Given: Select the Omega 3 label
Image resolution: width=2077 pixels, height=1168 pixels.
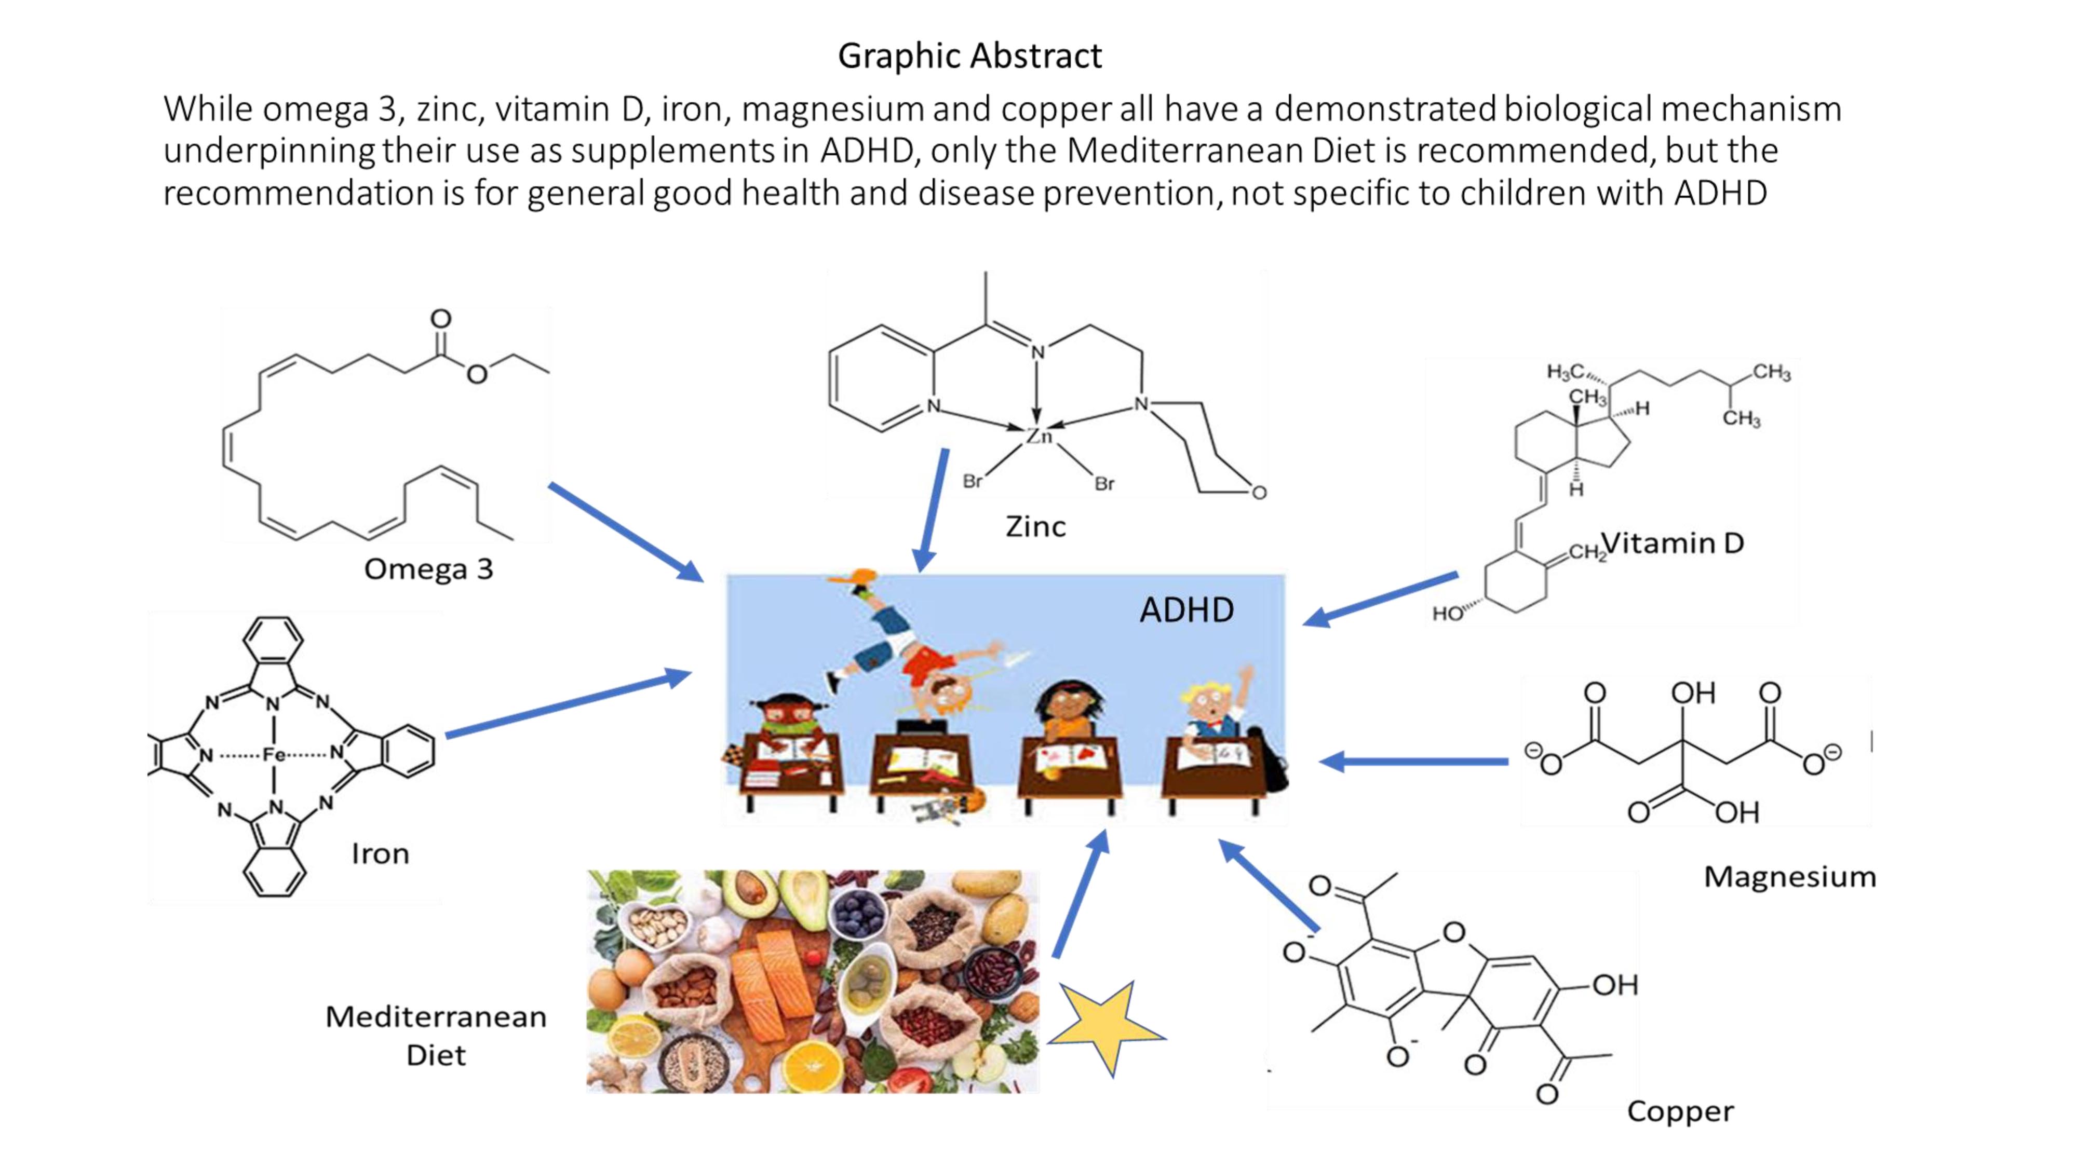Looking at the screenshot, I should pyautogui.click(x=428, y=569).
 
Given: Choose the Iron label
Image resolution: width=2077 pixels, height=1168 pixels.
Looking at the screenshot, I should pyautogui.click(x=380, y=853).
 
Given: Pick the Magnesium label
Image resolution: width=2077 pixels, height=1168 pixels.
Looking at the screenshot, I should pyautogui.click(x=1789, y=877).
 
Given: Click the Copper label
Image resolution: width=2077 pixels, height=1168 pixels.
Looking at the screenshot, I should pyautogui.click(x=1680, y=1111).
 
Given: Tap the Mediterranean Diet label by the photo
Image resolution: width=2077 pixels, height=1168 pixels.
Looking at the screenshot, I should pyautogui.click(x=436, y=1036).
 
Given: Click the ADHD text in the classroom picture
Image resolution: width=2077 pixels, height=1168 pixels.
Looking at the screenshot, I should pyautogui.click(x=1186, y=610).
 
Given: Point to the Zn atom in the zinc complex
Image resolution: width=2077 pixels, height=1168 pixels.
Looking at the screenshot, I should pyautogui.click(x=1038, y=436).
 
